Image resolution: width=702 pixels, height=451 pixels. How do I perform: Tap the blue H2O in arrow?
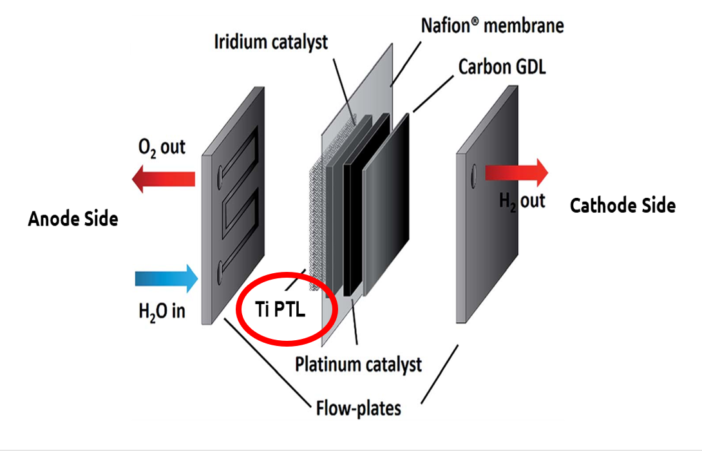point(166,278)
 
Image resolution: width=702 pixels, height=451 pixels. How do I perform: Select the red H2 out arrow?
point(516,172)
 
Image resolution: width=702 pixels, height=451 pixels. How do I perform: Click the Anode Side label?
point(73,219)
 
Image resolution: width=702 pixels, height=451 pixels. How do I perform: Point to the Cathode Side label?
point(623,206)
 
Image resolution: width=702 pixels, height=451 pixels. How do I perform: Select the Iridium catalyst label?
point(270,43)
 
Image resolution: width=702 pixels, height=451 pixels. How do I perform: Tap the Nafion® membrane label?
point(492,26)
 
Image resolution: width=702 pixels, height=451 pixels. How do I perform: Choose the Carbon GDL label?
point(502,67)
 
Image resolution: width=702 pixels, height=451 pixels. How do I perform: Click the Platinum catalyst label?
point(358,364)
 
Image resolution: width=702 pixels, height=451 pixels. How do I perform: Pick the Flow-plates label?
point(358,408)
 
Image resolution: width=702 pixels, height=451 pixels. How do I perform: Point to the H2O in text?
point(162,312)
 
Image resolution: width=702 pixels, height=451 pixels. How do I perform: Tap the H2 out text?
point(522,201)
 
